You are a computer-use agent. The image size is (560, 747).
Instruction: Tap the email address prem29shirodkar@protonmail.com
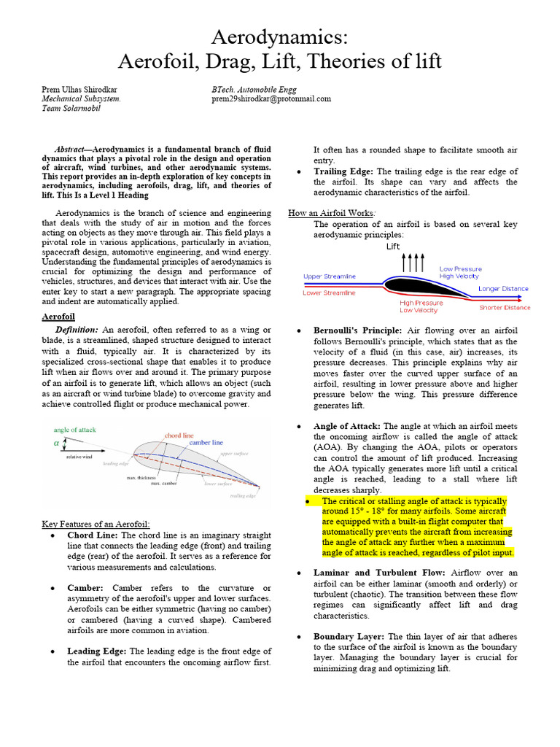(x=271, y=98)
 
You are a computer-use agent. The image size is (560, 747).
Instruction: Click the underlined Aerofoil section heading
(x=58, y=317)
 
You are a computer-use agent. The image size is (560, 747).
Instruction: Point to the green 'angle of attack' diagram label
(x=75, y=430)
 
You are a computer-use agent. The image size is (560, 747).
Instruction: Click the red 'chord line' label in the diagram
(x=179, y=435)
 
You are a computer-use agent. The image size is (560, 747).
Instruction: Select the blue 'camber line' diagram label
(x=206, y=443)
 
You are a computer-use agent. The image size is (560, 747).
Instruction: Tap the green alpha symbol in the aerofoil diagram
(x=56, y=443)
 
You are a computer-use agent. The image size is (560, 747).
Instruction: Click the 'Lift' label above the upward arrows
(x=393, y=247)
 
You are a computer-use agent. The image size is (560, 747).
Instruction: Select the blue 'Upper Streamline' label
(x=330, y=276)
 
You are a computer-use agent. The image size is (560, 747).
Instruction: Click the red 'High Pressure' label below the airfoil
(x=421, y=302)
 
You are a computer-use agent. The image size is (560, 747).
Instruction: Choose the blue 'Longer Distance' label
(x=503, y=289)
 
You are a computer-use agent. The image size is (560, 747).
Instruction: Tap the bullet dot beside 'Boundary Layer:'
(x=299, y=637)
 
